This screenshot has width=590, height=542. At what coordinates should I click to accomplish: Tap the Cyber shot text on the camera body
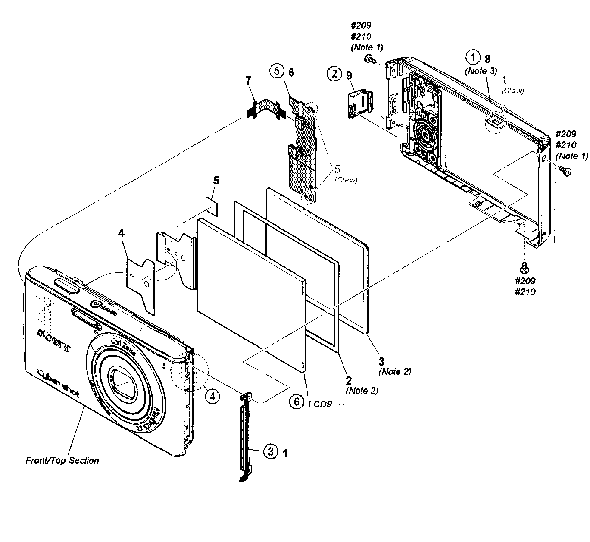[x=58, y=383]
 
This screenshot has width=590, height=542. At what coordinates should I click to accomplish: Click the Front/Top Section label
[x=62, y=461]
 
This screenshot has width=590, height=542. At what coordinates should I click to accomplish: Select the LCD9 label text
[x=320, y=404]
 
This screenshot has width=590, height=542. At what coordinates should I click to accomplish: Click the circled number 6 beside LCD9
[x=297, y=402]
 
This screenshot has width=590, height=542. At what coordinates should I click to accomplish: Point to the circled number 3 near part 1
[x=271, y=452]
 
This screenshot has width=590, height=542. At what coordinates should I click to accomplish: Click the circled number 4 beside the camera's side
[x=212, y=397]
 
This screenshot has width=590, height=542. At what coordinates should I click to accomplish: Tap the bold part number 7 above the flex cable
[x=249, y=81]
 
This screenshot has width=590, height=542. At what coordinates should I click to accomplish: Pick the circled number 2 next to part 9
[x=334, y=74]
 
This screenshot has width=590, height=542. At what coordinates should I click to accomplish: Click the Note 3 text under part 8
[x=481, y=71]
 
